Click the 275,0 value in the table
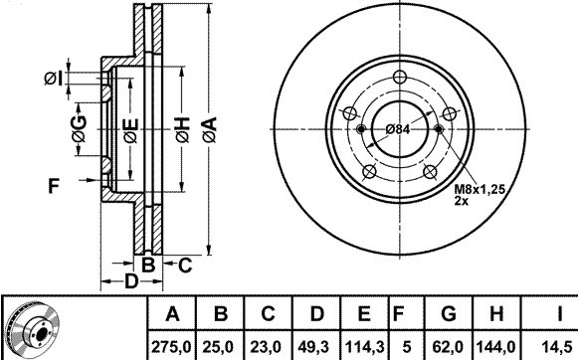[171, 347]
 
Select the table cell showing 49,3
[316, 347]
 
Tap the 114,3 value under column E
[364, 347]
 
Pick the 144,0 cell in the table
[495, 347]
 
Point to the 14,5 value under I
[559, 347]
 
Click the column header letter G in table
[449, 314]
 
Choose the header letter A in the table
[172, 314]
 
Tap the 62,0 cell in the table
[448, 347]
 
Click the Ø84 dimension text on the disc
[398, 129]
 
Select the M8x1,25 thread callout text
[480, 189]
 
